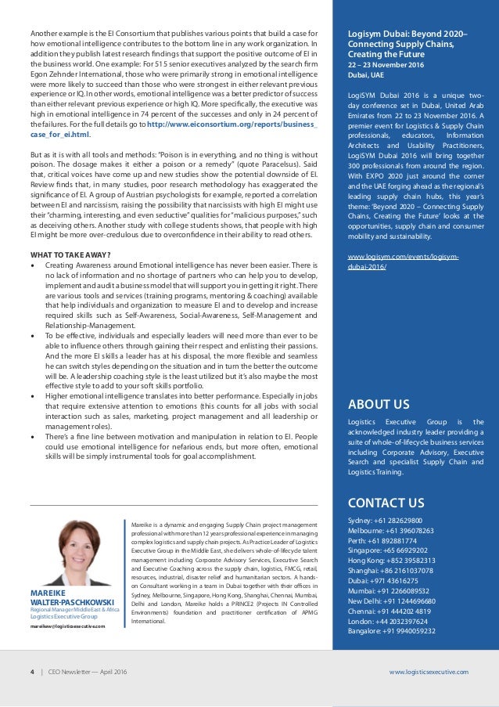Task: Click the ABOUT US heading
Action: [x=379, y=404]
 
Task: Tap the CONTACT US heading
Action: [x=386, y=502]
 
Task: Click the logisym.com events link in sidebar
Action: [x=402, y=261]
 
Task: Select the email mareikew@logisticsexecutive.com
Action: [x=67, y=648]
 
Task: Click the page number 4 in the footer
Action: [x=31, y=672]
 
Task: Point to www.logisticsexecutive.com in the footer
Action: [x=428, y=672]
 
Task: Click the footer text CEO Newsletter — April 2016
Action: [x=88, y=672]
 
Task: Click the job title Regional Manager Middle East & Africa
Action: [x=75, y=631]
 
